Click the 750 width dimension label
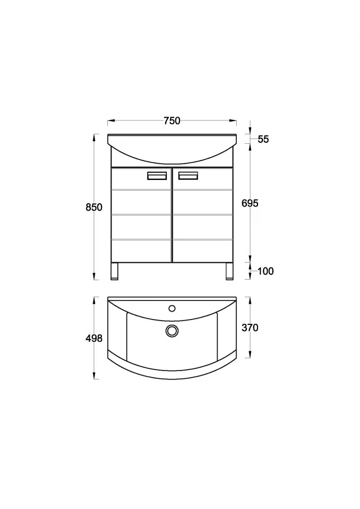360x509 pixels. (172, 121)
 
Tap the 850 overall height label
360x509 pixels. (94, 207)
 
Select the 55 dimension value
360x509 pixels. (263, 139)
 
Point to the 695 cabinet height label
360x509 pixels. (250, 203)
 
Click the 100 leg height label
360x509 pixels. (265, 271)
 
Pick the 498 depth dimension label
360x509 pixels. (94, 338)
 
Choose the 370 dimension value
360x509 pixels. (250, 328)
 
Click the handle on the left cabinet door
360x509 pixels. (157, 176)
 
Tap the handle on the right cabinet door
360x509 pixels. (188, 176)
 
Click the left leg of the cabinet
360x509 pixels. (115, 271)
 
